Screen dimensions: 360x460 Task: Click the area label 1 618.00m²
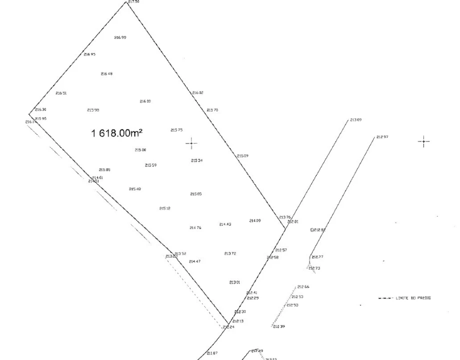click(x=117, y=133)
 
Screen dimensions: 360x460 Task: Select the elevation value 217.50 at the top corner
click(x=133, y=2)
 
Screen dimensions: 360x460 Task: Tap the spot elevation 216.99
click(x=120, y=37)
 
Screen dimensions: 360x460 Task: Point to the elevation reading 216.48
click(x=106, y=73)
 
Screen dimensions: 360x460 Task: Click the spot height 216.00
click(x=145, y=101)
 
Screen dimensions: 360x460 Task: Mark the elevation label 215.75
click(x=176, y=130)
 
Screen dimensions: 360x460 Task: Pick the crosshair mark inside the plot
click(x=191, y=144)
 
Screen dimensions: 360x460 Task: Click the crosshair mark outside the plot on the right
click(x=423, y=142)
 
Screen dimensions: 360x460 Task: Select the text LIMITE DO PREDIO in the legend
click(x=413, y=298)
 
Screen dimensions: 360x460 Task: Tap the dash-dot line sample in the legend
click(x=385, y=298)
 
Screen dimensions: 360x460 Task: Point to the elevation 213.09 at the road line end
click(x=355, y=120)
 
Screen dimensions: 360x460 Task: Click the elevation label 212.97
click(x=382, y=137)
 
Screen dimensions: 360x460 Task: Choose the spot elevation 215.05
click(x=195, y=194)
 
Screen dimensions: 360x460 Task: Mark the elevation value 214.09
click(x=255, y=220)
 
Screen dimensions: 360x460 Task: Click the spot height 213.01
click(x=235, y=282)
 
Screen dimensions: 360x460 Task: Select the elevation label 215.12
click(x=165, y=208)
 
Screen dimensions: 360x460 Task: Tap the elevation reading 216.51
click(x=61, y=93)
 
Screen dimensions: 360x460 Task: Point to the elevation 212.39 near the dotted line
click(x=279, y=326)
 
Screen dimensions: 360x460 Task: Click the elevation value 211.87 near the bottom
click(x=212, y=353)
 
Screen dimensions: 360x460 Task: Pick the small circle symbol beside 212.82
click(x=312, y=230)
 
